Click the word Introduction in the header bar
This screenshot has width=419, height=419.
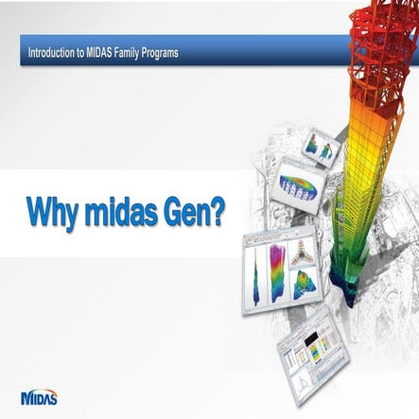[x=51, y=52]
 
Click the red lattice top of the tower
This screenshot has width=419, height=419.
[x=378, y=38]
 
